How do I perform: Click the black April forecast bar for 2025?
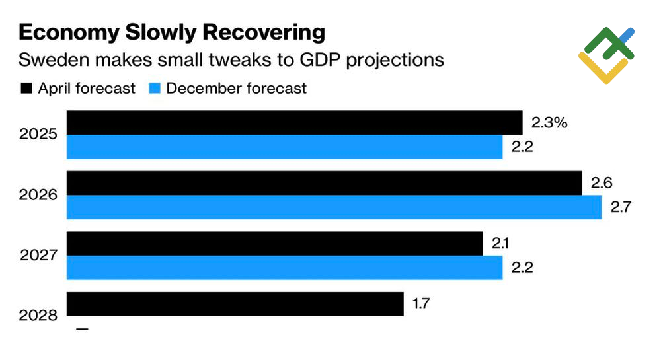pos(295,122)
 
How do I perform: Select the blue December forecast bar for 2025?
pos(285,147)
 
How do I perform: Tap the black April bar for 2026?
pos(324,183)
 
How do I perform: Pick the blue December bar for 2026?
pos(334,207)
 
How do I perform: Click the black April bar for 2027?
pos(274,243)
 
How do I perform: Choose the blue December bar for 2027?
pos(285,268)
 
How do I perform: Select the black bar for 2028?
pos(235,304)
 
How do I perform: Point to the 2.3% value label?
pos(549,122)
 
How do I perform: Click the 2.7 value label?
pos(622,207)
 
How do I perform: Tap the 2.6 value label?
pos(602,183)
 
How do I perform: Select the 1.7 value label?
pos(422,305)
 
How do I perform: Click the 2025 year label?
pos(38,135)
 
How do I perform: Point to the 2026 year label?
pos(38,195)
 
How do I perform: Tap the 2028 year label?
pos(38,316)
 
